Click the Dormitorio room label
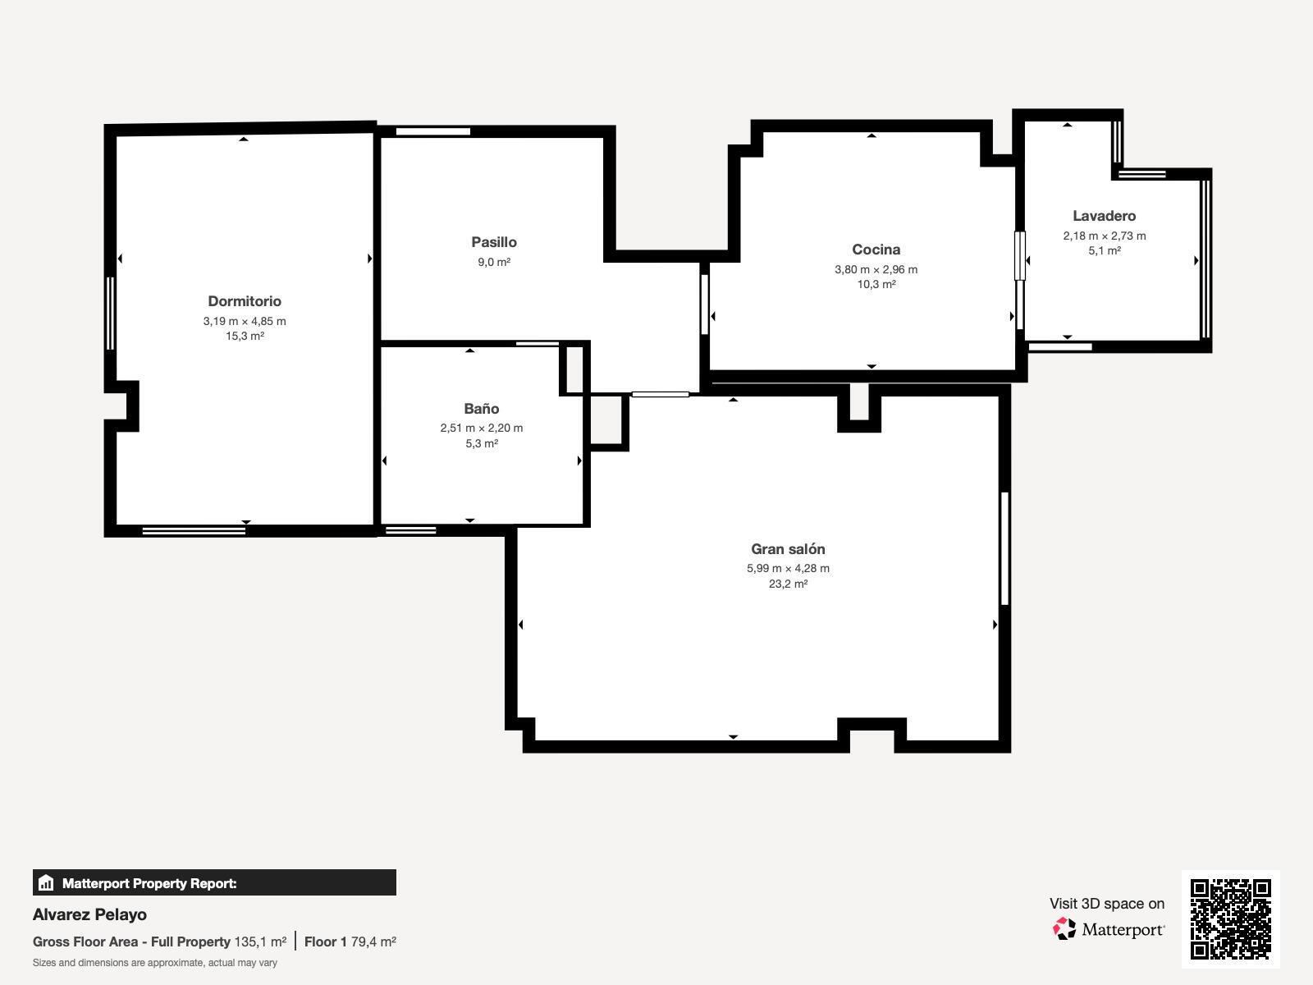pyautogui.click(x=245, y=301)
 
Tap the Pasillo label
pyautogui.click(x=494, y=242)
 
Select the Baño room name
pyautogui.click(x=481, y=409)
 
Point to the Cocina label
pyautogui.click(x=876, y=250)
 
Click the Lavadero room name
pyautogui.click(x=1104, y=216)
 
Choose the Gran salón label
pyautogui.click(x=788, y=549)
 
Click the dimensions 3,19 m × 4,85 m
pyautogui.click(x=245, y=321)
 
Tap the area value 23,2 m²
pyautogui.click(x=788, y=584)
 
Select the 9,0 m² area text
pyautogui.click(x=494, y=262)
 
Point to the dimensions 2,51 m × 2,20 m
pyautogui.click(x=481, y=428)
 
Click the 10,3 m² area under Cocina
pyautogui.click(x=876, y=284)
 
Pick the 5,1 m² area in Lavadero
pyautogui.click(x=1104, y=250)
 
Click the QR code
pyautogui.click(x=1230, y=919)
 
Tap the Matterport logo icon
pyautogui.click(x=1064, y=929)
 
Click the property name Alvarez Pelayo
pyautogui.click(x=89, y=914)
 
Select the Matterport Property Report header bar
pyautogui.click(x=214, y=883)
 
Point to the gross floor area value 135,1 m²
pyautogui.click(x=260, y=941)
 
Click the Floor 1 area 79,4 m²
pyautogui.click(x=373, y=941)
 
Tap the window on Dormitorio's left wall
pyautogui.click(x=110, y=314)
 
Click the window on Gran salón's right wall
pyautogui.click(x=1004, y=548)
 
